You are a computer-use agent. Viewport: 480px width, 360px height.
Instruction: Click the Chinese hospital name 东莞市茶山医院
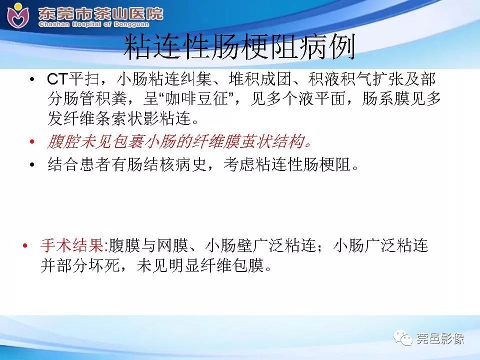pyautogui.click(x=100, y=12)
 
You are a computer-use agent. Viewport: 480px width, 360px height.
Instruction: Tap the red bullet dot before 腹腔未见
pyautogui.click(x=32, y=142)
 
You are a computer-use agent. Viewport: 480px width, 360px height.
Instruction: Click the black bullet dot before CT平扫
pyautogui.click(x=32, y=80)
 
